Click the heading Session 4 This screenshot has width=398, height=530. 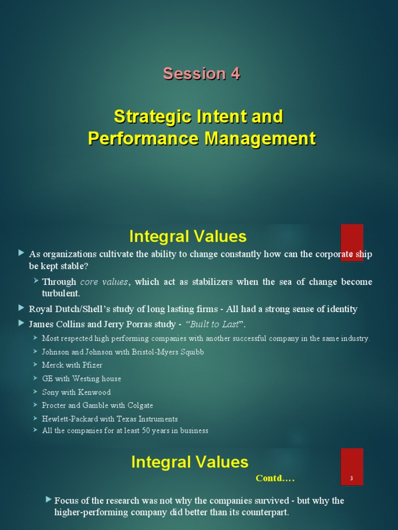click(201, 73)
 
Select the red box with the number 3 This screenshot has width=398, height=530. click(351, 467)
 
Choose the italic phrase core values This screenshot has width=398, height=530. click(104, 282)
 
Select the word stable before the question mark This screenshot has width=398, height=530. click(73, 266)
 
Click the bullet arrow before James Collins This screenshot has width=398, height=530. click(21, 323)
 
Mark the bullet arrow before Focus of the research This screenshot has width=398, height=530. click(49, 499)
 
